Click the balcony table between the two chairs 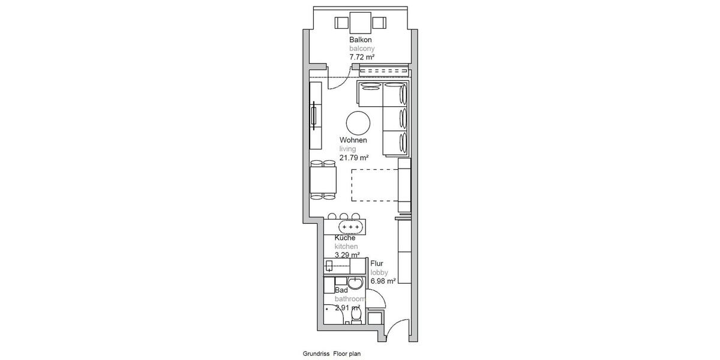click(x=360, y=23)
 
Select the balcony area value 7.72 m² click(x=362, y=57)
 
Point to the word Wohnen click(x=353, y=140)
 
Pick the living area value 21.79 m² click(x=354, y=158)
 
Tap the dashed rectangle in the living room click(x=374, y=184)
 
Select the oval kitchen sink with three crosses click(x=350, y=227)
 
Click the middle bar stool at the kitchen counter click(x=343, y=217)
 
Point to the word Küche click(x=345, y=238)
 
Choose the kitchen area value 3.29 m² click(x=347, y=255)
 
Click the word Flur click(x=377, y=263)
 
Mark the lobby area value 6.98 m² click(x=383, y=281)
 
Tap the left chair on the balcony click(x=341, y=23)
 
